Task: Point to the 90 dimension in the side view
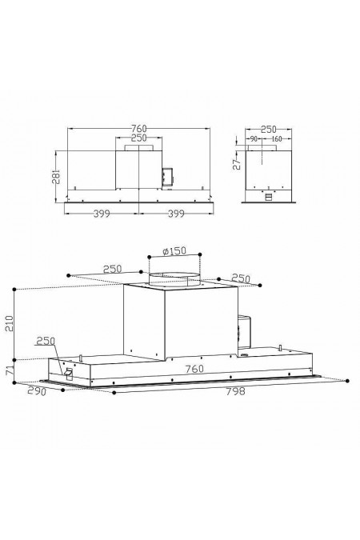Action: pyautogui.click(x=253, y=139)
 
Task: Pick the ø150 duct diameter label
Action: pyautogui.click(x=174, y=251)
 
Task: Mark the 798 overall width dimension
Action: pyautogui.click(x=234, y=393)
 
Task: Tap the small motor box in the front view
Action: pyautogui.click(x=167, y=175)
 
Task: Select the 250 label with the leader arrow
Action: pyautogui.click(x=46, y=342)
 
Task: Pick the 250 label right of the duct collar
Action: pyautogui.click(x=241, y=278)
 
